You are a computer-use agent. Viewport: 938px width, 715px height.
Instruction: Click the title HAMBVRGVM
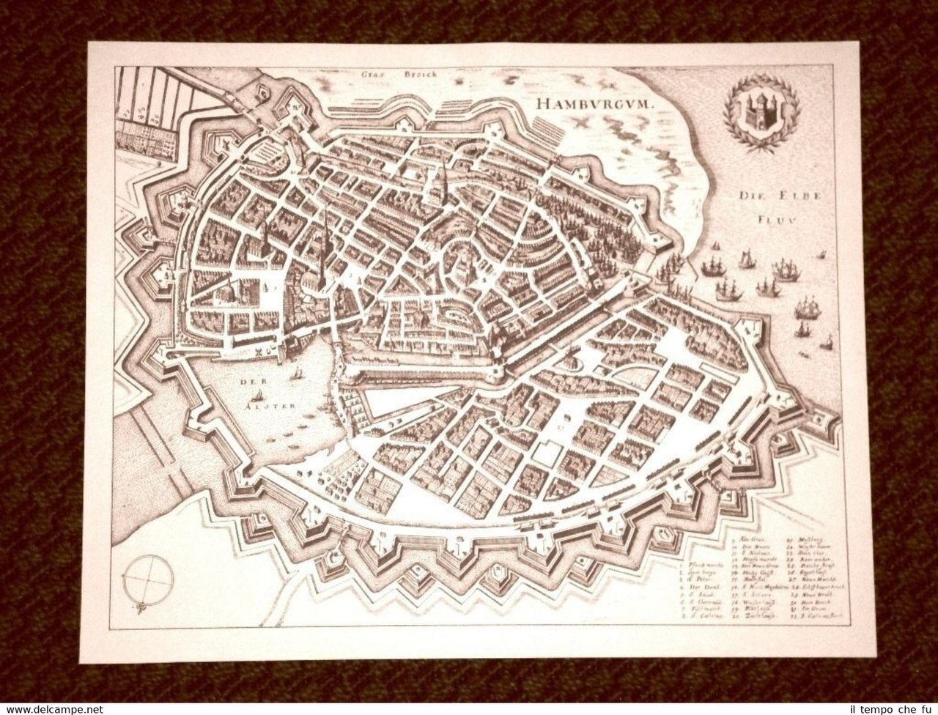594,103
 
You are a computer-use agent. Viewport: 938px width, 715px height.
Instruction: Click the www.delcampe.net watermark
51,708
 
